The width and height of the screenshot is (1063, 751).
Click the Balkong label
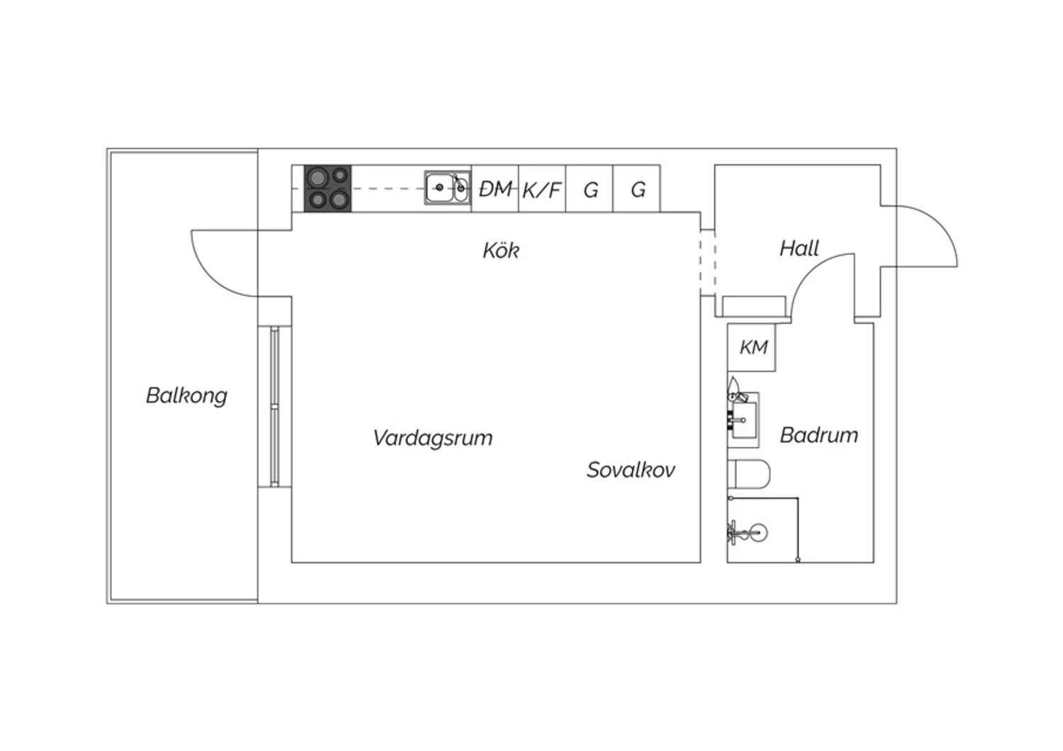(x=186, y=395)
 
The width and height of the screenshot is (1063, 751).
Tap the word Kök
(x=501, y=250)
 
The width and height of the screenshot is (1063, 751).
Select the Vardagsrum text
(x=433, y=438)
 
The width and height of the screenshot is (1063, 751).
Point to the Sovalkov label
(x=631, y=470)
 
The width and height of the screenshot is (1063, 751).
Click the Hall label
(x=799, y=248)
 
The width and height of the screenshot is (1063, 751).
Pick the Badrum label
(x=819, y=435)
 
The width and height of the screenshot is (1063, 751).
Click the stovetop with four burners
(x=327, y=188)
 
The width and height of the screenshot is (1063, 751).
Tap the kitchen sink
(x=447, y=188)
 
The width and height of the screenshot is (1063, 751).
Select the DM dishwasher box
(x=495, y=188)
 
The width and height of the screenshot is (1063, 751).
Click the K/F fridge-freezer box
(x=542, y=188)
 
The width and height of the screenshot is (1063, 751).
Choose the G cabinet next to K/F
(x=590, y=188)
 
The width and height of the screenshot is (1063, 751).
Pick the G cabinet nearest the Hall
(x=636, y=188)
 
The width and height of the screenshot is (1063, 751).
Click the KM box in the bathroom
(x=752, y=347)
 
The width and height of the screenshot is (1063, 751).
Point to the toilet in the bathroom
(x=749, y=473)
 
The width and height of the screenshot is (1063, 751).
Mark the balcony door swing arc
(x=210, y=278)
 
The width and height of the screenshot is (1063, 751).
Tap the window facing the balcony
(x=275, y=406)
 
